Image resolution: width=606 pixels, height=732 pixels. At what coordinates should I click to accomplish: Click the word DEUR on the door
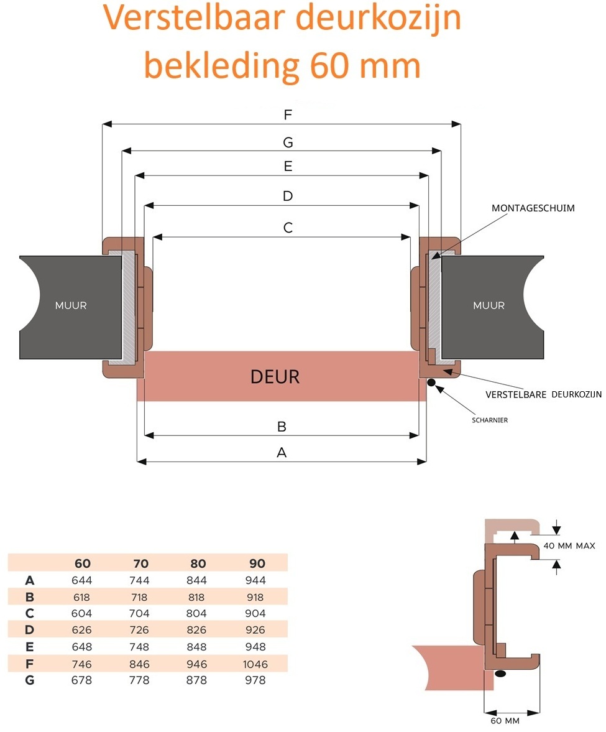[275, 377]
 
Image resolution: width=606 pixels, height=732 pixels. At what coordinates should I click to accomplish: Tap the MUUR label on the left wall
[71, 305]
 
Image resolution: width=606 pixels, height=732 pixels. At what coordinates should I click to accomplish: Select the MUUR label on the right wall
[489, 305]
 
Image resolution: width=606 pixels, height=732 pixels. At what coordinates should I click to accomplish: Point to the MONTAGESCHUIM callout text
[533, 208]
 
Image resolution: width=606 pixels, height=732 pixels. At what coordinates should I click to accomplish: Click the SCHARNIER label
[490, 420]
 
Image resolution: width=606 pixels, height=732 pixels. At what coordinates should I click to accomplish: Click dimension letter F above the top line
[287, 115]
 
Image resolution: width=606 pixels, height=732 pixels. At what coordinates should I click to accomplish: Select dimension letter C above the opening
[287, 228]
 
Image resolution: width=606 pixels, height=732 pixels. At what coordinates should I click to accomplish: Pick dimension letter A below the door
[282, 453]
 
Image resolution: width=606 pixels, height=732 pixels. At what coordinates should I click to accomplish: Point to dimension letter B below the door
[282, 427]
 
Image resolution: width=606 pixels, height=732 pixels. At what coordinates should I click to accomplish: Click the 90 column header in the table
[257, 563]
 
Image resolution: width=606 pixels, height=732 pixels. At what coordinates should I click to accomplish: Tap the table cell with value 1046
[255, 664]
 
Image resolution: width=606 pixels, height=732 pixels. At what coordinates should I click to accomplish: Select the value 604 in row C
[81, 613]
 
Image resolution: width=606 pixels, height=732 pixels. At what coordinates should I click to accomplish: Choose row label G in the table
[29, 680]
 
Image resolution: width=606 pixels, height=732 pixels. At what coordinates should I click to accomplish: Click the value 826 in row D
[198, 630]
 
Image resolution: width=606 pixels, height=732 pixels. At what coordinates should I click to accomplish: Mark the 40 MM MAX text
[569, 546]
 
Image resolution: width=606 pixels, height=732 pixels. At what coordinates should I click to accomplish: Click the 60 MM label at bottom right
[505, 721]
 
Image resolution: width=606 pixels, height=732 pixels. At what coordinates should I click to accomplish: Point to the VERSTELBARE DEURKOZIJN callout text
[543, 394]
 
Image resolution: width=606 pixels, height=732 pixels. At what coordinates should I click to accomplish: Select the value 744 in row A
[140, 580]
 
